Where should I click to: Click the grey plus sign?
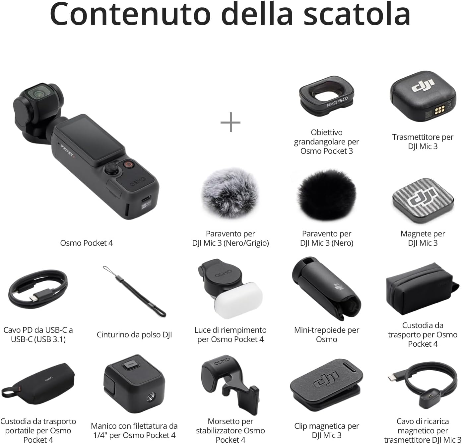230,122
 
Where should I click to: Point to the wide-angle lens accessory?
327,96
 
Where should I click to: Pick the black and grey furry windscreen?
230,193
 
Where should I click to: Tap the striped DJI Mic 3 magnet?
423,200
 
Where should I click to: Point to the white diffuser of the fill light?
238,300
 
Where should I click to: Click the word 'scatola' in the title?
357,14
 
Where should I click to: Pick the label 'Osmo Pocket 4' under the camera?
87,243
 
